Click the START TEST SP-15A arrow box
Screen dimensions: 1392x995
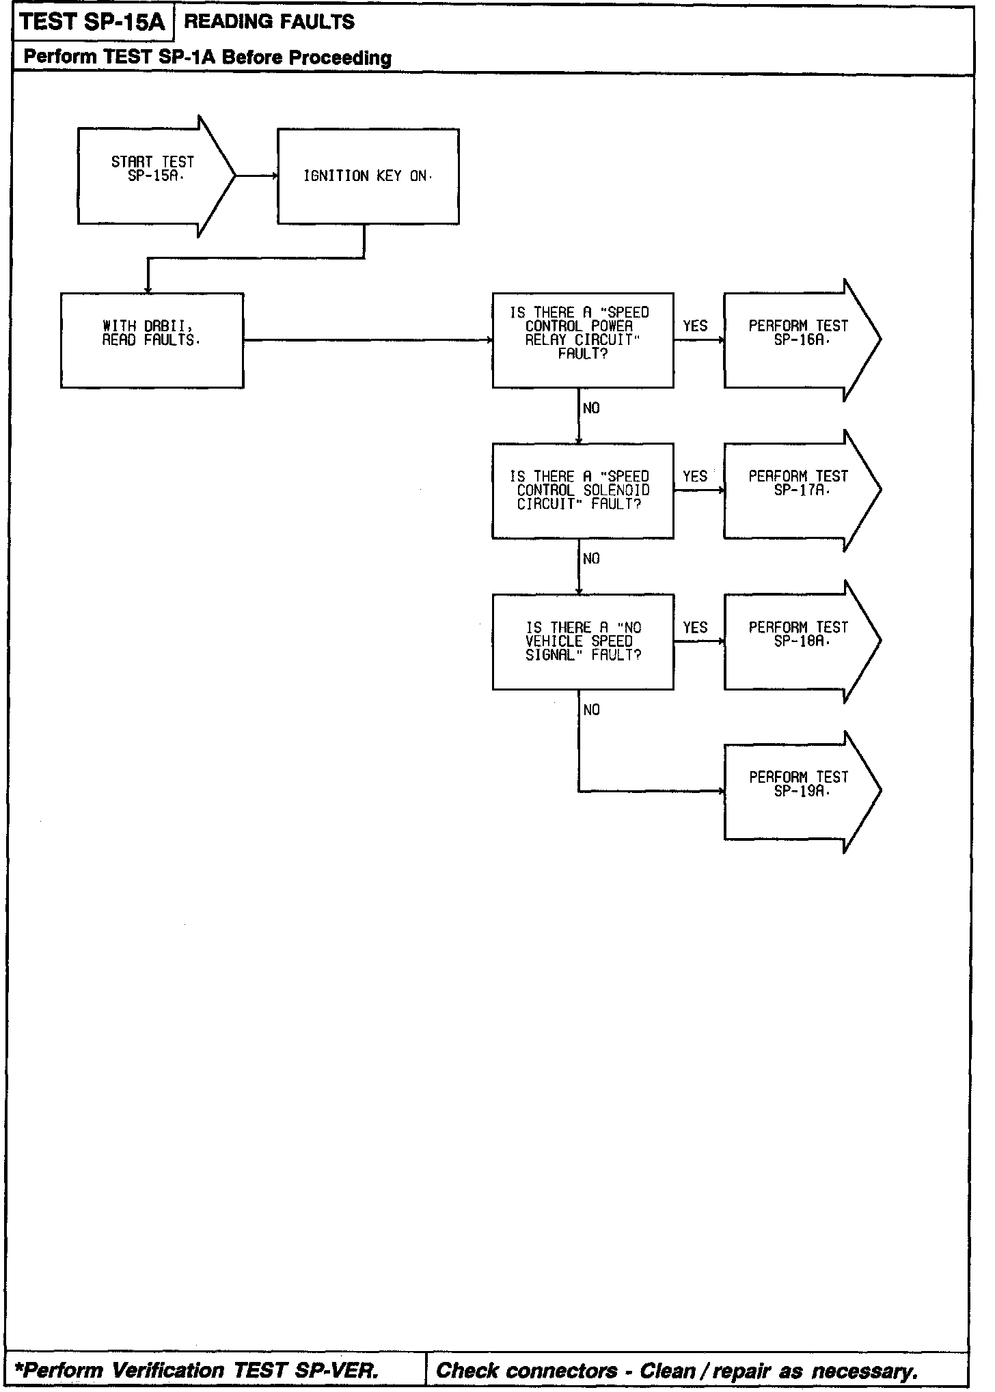153,176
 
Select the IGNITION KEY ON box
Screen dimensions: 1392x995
368,176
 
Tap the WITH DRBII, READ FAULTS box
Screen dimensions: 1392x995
152,340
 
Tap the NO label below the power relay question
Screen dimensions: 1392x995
591,408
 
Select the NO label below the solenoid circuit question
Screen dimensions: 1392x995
591,559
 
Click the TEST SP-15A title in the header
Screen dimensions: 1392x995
92,23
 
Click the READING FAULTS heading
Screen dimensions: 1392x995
269,23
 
